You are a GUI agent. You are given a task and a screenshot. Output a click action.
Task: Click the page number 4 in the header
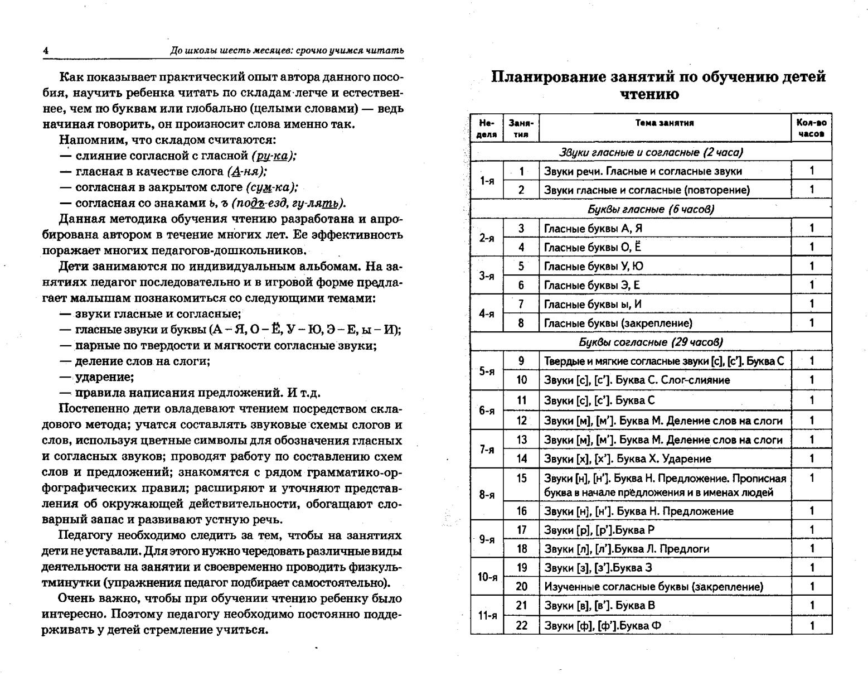click(x=46, y=51)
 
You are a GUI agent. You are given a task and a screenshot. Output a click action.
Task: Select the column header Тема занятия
click(x=665, y=123)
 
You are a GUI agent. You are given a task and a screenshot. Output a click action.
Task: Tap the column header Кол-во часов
click(x=811, y=128)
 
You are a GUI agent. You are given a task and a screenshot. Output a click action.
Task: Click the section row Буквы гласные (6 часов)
click(x=651, y=209)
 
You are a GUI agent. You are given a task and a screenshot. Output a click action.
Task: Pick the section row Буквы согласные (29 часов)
click(x=651, y=342)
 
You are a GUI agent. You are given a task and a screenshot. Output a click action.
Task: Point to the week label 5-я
click(x=487, y=370)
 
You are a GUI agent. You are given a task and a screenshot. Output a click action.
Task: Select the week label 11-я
click(x=487, y=615)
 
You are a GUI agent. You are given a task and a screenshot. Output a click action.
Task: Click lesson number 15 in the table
click(x=521, y=478)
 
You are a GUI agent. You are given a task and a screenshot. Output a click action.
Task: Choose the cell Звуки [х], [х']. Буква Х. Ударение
click(x=627, y=459)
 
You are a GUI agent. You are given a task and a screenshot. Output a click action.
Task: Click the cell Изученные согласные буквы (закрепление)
click(x=653, y=586)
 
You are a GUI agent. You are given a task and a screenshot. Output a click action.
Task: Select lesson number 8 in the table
click(x=521, y=323)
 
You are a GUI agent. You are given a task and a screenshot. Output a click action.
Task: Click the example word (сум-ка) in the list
click(x=271, y=187)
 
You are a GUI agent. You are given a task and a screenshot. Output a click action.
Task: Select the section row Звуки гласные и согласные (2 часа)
click(x=651, y=152)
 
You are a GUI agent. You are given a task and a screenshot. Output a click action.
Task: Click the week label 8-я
click(x=487, y=494)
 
